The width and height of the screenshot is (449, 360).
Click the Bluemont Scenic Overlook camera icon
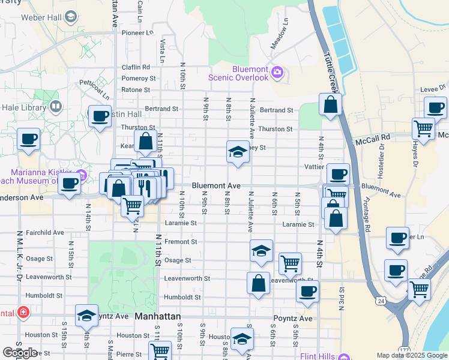tap(277, 73)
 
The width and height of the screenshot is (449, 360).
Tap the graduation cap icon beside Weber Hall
tap(71, 17)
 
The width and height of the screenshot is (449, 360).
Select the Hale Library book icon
tap(56, 107)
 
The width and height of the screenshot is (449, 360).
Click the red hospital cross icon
tap(23, 313)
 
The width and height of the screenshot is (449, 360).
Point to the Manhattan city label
tap(158, 316)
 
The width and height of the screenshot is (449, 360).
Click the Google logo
tap(20, 353)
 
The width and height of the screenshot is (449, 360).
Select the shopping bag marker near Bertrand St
tap(330, 104)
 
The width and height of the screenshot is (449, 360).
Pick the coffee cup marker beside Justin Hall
tap(100, 115)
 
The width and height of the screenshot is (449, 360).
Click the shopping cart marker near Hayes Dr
tap(423, 128)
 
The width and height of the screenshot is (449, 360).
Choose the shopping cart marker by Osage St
tap(291, 263)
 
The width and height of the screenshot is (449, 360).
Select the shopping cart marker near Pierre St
tap(160, 351)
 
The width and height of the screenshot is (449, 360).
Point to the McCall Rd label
tap(372, 137)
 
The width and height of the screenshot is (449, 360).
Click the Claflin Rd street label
tap(135, 67)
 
